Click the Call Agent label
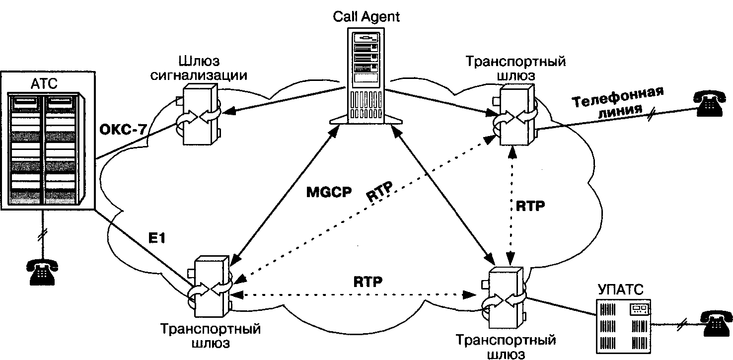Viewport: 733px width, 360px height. point(366,16)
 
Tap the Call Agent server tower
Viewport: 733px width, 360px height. point(366,76)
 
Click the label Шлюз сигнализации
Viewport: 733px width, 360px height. point(199,68)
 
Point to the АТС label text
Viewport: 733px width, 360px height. point(44,83)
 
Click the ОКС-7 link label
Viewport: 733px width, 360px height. point(123,130)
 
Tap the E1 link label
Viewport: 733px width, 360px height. point(157,238)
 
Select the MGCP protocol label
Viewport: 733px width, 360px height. point(329,192)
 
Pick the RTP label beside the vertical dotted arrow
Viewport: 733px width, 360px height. point(530,206)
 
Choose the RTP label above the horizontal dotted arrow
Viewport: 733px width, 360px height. point(368,282)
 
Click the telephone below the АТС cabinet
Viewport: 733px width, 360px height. point(42,272)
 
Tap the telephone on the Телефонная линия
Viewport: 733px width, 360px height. point(709,103)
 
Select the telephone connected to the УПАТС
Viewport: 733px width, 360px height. point(716,324)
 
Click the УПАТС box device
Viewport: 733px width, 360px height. point(623,326)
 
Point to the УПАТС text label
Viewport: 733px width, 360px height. point(620,289)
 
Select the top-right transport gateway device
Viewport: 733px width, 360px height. point(515,115)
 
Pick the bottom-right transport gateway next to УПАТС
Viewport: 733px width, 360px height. point(504,298)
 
